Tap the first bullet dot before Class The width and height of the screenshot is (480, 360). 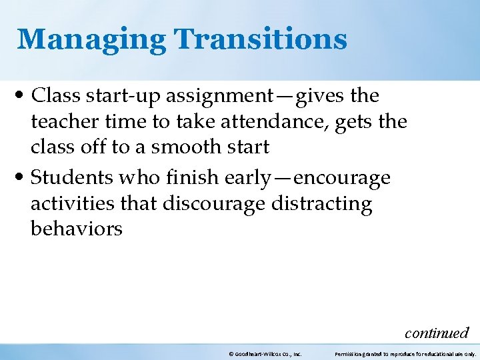[x=23, y=97]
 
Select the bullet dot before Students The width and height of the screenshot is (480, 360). [x=23, y=178]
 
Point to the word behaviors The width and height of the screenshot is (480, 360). [x=76, y=229]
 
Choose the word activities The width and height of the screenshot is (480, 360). [x=72, y=203]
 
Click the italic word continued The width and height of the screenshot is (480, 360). [x=437, y=332]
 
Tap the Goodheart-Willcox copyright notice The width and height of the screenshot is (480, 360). [x=265, y=354]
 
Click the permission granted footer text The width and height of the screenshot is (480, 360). [x=405, y=354]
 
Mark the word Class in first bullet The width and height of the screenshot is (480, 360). [x=53, y=97]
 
